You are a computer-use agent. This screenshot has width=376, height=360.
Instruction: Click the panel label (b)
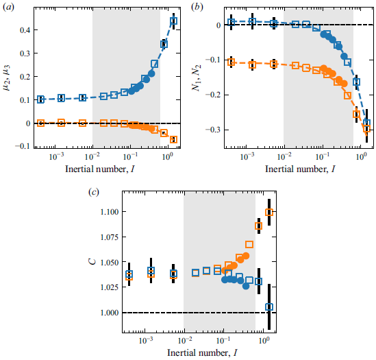click(197, 6)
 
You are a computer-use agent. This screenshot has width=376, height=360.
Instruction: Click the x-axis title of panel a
click(105, 169)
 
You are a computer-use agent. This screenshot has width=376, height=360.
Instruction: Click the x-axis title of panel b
click(296, 169)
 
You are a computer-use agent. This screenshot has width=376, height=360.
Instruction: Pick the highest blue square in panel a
click(174, 21)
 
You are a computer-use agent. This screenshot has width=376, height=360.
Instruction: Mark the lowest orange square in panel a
click(174, 139)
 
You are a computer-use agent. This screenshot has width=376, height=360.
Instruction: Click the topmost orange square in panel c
click(269, 213)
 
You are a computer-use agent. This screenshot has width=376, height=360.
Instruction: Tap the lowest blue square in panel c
click(269, 307)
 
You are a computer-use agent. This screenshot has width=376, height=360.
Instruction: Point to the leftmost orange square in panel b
click(231, 62)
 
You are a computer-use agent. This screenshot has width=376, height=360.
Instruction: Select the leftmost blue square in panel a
click(40, 99)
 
